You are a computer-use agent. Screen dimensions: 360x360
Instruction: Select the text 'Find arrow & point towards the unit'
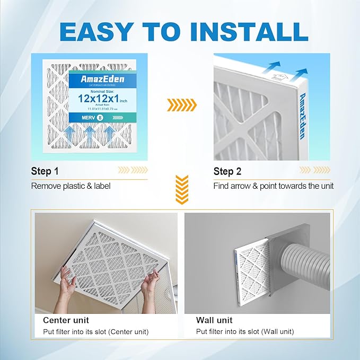tap(273, 186)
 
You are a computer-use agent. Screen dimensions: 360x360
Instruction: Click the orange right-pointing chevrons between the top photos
tap(181, 105)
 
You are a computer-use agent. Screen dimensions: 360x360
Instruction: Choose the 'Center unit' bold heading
tap(66, 320)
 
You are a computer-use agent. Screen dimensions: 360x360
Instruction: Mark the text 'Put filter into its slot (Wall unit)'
tap(244, 332)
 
